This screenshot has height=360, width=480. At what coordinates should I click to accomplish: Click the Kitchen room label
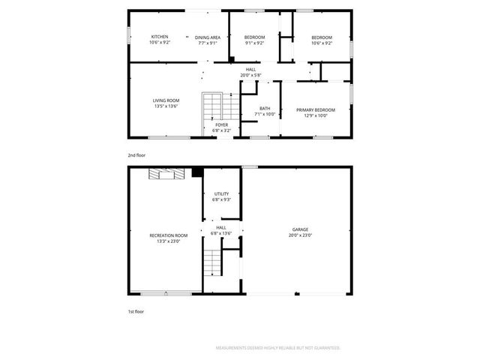click(x=160, y=40)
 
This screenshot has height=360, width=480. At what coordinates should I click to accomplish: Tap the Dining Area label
click(x=208, y=40)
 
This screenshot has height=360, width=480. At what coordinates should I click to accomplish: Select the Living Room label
click(x=166, y=103)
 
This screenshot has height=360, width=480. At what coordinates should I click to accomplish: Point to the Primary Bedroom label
click(x=315, y=112)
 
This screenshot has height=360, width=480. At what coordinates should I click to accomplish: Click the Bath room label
click(x=265, y=111)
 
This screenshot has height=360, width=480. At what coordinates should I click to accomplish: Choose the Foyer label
click(x=221, y=127)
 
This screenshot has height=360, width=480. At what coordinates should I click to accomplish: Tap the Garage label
click(x=300, y=232)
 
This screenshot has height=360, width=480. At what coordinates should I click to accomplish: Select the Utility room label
click(x=221, y=196)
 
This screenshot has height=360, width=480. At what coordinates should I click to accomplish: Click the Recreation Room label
click(x=169, y=238)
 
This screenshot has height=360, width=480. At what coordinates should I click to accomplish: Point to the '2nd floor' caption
click(x=136, y=154)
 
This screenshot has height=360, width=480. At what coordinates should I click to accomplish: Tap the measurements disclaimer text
click(x=277, y=348)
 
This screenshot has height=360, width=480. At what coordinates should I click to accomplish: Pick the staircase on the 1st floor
click(x=214, y=263)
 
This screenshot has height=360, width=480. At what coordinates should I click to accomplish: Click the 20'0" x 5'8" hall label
click(x=250, y=73)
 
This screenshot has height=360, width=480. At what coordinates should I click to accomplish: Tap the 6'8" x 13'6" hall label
click(x=221, y=230)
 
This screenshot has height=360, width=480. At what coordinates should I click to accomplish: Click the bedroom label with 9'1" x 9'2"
click(x=254, y=40)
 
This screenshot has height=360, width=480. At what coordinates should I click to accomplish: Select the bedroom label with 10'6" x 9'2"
click(x=321, y=40)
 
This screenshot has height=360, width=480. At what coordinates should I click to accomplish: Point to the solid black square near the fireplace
click(x=196, y=172)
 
